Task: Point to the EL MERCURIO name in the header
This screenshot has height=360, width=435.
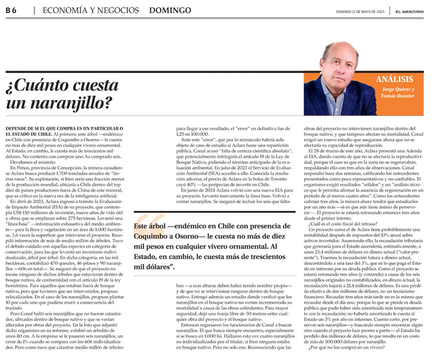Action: point(411,11)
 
